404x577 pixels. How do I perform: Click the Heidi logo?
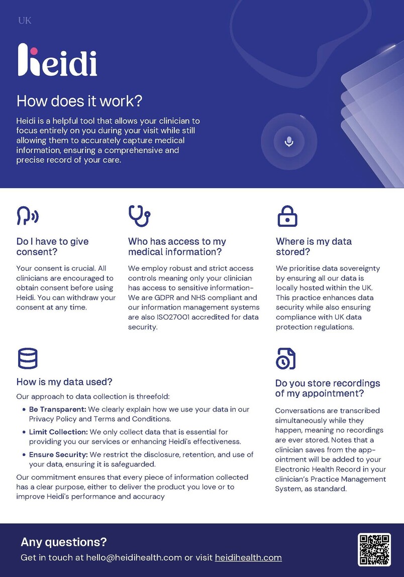click(57, 61)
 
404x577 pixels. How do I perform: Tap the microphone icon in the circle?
click(289, 142)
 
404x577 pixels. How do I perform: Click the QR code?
click(374, 549)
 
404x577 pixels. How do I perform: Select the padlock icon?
click(287, 216)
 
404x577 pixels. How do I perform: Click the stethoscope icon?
click(139, 216)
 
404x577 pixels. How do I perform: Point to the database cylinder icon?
click(28, 358)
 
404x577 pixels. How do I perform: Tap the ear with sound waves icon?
click(28, 216)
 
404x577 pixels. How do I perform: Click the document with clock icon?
click(285, 358)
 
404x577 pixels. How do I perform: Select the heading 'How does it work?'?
click(79, 101)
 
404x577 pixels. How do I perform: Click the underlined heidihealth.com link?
click(248, 557)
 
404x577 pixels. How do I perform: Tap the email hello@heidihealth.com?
click(133, 557)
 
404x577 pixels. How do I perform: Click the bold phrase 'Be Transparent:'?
click(58, 409)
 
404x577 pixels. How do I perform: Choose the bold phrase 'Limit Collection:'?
click(58, 432)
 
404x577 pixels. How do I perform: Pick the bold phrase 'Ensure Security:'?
click(58, 455)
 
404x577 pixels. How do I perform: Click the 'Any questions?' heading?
click(64, 542)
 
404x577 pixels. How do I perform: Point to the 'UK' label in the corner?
click(25, 21)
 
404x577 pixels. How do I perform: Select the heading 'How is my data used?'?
click(64, 382)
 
